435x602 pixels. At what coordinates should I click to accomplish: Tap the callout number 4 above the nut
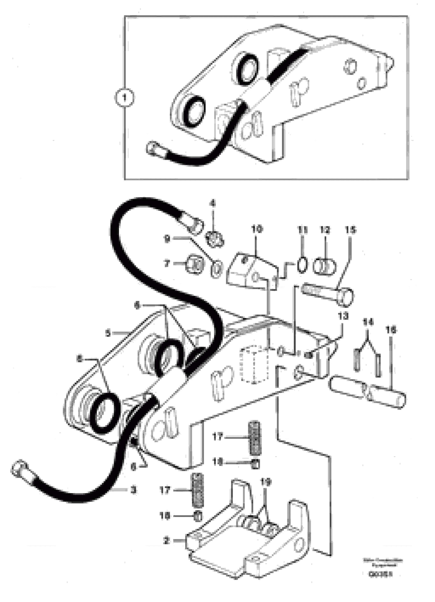[x=213, y=204]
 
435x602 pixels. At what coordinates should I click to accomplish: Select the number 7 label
[x=167, y=264]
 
